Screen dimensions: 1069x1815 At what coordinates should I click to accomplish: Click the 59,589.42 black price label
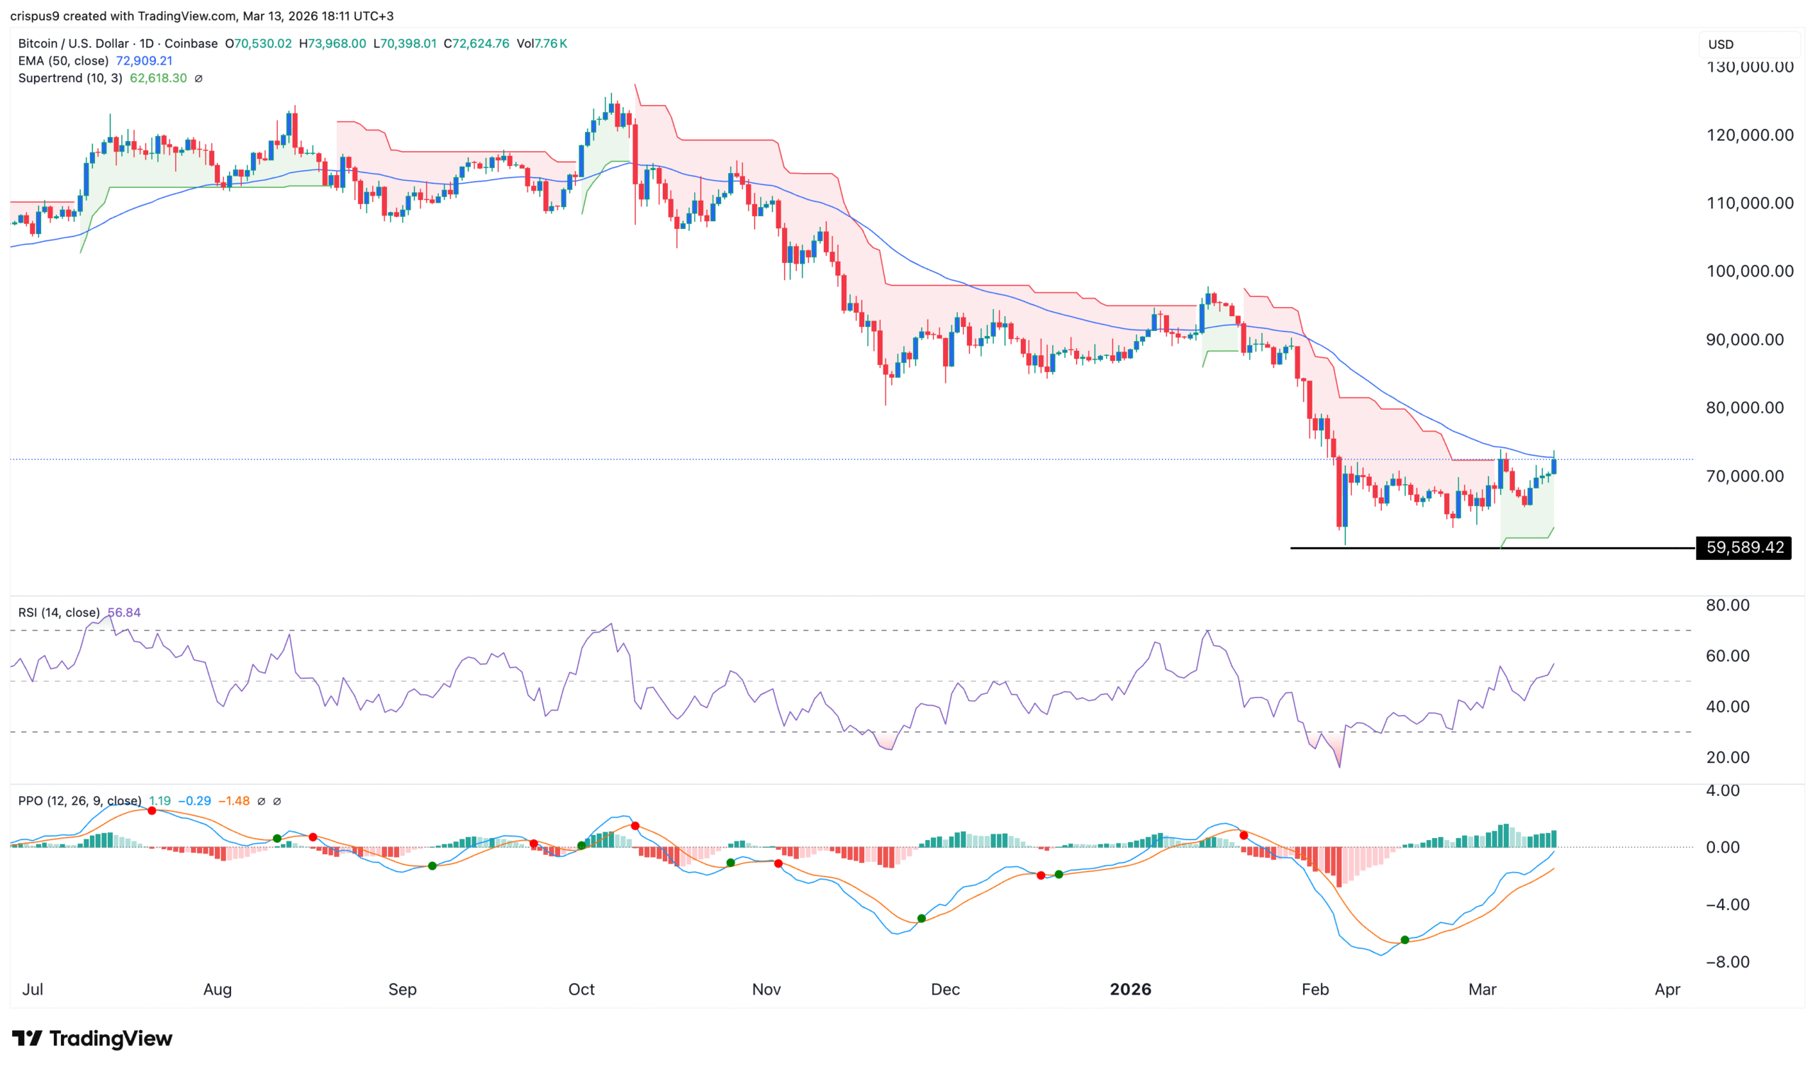point(1743,547)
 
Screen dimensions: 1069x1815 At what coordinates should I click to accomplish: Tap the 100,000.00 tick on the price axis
point(1750,272)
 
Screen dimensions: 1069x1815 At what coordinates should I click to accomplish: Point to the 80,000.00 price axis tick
point(1750,408)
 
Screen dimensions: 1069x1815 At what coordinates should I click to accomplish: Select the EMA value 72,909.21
point(144,60)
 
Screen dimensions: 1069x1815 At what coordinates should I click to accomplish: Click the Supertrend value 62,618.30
point(157,78)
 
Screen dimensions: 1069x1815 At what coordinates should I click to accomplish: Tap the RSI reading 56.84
point(124,612)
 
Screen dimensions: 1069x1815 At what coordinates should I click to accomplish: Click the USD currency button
point(1721,44)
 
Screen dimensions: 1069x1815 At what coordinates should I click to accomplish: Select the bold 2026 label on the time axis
point(1130,989)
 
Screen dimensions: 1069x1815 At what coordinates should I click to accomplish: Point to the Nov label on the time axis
point(766,989)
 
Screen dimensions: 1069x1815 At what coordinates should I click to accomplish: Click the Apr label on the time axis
point(1668,989)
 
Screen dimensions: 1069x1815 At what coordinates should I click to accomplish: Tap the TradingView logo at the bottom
point(92,1038)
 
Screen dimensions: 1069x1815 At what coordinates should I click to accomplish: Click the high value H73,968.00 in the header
point(332,43)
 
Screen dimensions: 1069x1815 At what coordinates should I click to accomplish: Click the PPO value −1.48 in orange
point(233,801)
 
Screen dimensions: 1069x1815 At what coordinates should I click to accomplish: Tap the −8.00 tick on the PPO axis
point(1728,962)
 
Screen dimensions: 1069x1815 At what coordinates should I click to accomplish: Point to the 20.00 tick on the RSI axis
point(1728,757)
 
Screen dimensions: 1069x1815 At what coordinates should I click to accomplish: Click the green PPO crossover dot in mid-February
point(1404,940)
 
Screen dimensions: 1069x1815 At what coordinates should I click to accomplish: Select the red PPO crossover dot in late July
point(152,811)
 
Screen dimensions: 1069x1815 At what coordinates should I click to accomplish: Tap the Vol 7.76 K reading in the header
point(542,43)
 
